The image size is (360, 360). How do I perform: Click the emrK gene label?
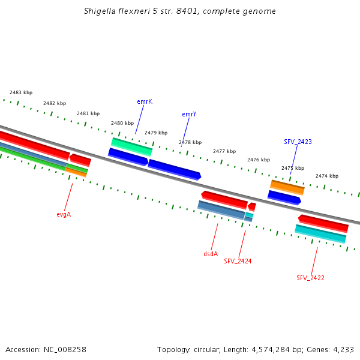tap(145, 102)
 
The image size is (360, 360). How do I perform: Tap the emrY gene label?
tap(189, 114)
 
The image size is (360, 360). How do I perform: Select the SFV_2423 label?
tap(298, 142)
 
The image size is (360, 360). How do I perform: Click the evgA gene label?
tap(64, 214)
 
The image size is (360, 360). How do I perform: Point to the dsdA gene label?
tap(211, 254)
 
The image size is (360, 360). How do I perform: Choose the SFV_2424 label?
tap(238, 261)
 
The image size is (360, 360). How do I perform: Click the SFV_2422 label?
tap(310, 278)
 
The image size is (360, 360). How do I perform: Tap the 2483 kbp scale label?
tap(21, 92)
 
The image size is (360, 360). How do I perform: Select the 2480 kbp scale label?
tap(122, 123)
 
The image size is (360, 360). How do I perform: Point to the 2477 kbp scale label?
tap(224, 151)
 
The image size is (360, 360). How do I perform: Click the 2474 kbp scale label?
tap(327, 176)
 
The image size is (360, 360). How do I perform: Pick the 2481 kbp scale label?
tap(88, 113)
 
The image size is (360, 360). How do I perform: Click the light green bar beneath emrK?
tap(131, 147)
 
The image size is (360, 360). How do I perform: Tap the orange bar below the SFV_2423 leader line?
tap(287, 188)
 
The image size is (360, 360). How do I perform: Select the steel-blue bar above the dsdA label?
tap(221, 211)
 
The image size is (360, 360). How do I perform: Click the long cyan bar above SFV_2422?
tap(320, 234)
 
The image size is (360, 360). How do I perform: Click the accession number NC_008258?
tap(65, 350)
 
